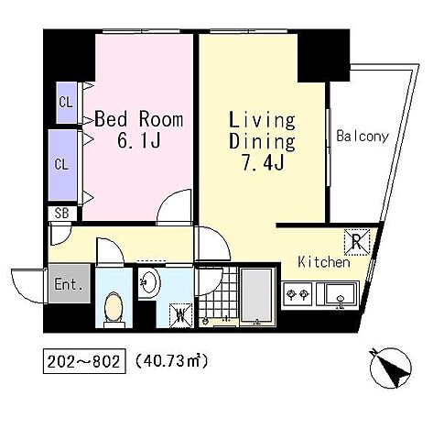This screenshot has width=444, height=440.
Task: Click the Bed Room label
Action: (139, 119)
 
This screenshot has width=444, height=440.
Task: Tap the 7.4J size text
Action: (263, 162)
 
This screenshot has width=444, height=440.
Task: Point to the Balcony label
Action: (363, 137)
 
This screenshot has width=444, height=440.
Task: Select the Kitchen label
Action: (324, 262)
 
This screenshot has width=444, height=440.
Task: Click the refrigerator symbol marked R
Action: (357, 242)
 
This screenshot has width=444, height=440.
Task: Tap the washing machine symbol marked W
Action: (180, 315)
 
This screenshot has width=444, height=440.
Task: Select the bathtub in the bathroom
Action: (256, 294)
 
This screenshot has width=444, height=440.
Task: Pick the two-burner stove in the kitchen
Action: (298, 294)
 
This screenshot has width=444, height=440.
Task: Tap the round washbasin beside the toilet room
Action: (149, 282)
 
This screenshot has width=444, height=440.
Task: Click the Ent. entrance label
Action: (69, 284)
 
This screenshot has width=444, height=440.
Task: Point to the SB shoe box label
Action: (61, 213)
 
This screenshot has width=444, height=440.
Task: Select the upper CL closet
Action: (67, 103)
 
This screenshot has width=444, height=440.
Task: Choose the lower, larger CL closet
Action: (62, 165)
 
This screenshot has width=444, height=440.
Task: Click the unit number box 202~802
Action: (84, 361)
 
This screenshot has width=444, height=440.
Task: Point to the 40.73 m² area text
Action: (171, 361)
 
